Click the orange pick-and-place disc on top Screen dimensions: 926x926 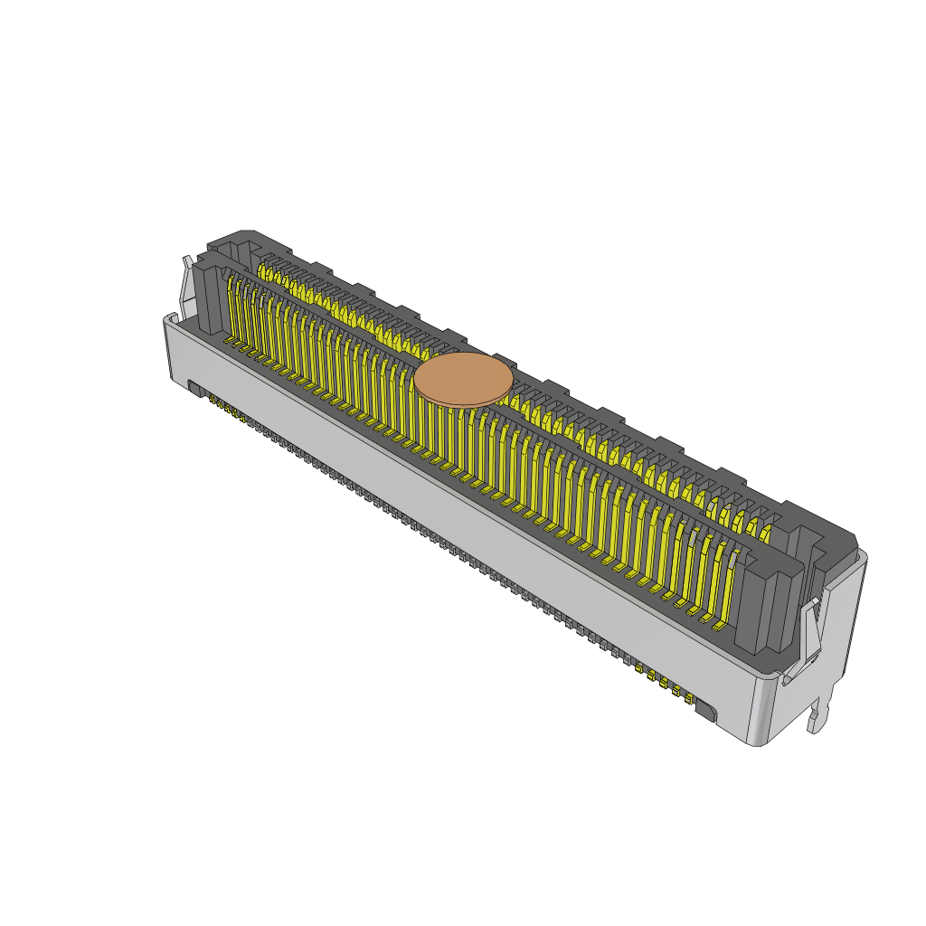click(x=463, y=380)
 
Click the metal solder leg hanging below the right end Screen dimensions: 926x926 click(x=819, y=714)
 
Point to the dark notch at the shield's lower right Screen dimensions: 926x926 click(x=706, y=711)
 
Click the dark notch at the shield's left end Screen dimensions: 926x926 click(x=194, y=388)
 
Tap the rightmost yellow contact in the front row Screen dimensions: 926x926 click(x=723, y=588)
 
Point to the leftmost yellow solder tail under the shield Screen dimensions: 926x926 click(x=212, y=399)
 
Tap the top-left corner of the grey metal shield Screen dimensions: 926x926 click(x=168, y=318)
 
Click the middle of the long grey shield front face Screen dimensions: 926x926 click(x=461, y=524)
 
